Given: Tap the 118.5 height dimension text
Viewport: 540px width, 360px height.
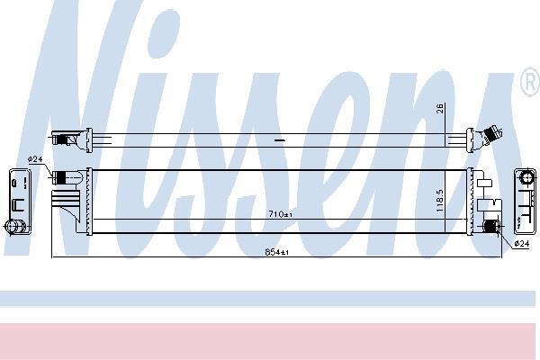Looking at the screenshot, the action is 440,201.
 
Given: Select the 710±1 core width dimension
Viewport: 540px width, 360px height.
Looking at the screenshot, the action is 280,214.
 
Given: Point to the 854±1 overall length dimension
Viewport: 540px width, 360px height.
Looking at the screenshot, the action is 277,252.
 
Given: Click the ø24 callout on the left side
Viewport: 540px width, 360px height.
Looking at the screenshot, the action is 35,159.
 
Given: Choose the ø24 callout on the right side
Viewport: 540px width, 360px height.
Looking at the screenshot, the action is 522,244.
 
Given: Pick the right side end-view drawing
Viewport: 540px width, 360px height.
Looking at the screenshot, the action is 526,201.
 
